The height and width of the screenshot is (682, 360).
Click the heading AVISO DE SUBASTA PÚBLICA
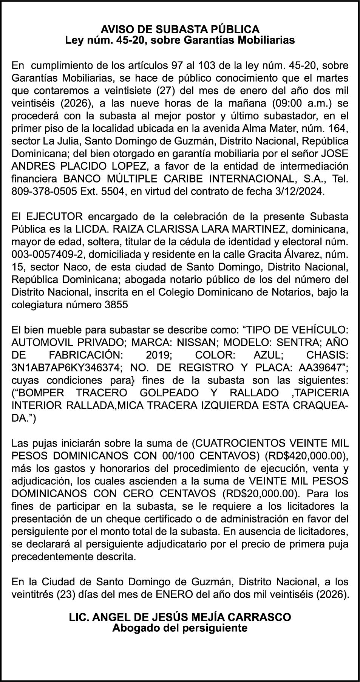point(180,29)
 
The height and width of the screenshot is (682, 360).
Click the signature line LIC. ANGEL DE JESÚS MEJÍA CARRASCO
point(180,617)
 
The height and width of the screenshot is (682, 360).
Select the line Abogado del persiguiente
point(180,628)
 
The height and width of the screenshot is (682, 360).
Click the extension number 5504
point(113,192)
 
